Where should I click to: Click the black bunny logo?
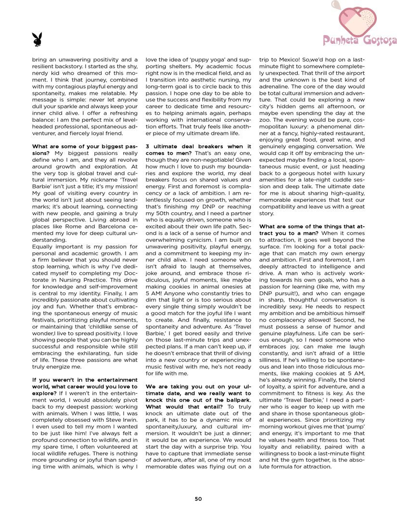click(x=37, y=40)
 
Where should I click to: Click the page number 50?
click(x=198, y=499)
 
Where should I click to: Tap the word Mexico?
click(x=288, y=60)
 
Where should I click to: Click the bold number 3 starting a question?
click(x=148, y=146)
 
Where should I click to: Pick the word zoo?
click(x=266, y=120)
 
